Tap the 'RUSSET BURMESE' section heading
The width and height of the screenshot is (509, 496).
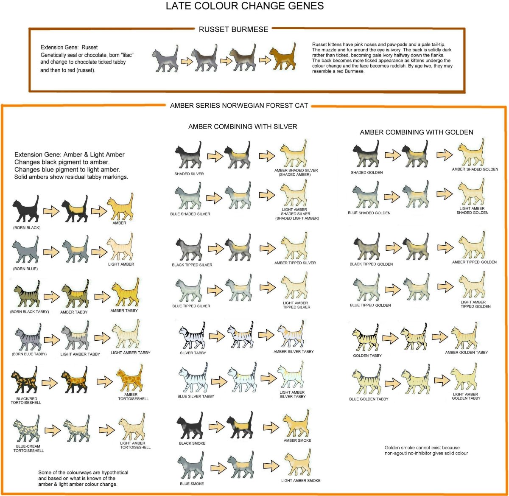(233, 29)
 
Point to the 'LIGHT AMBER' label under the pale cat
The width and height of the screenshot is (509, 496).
(121, 264)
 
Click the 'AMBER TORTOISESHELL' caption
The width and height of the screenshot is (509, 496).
(131, 397)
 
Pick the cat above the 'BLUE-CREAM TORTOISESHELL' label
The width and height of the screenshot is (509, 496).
(27, 431)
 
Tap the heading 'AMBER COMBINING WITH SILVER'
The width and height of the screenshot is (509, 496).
(243, 126)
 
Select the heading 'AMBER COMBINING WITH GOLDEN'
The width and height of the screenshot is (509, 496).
(417, 132)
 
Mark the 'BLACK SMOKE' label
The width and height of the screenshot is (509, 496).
(192, 443)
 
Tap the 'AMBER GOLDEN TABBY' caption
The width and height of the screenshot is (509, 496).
(466, 353)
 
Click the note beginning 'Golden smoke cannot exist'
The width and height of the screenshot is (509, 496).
(426, 451)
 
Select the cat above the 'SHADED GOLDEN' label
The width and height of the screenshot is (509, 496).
(366, 157)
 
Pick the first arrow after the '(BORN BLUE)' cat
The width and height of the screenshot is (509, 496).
(51, 253)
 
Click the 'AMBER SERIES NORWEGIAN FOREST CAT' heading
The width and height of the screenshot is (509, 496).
(239, 106)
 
